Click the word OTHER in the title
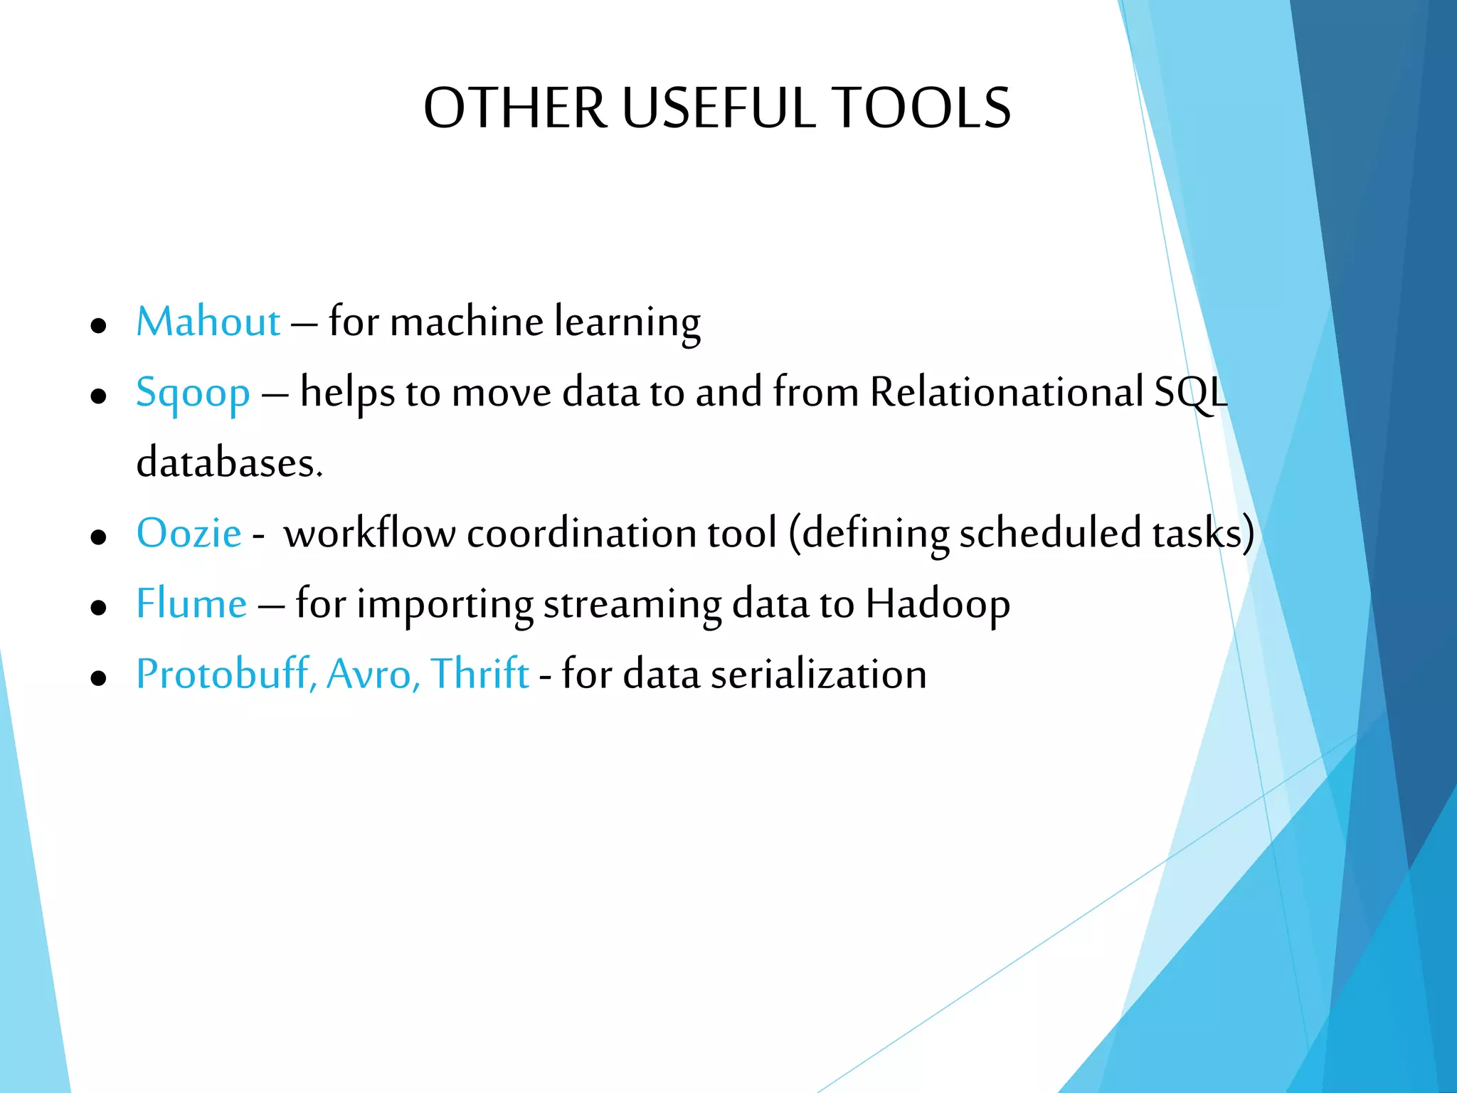(x=516, y=108)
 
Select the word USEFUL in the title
(x=719, y=108)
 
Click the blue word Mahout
(x=208, y=322)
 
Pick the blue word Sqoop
(x=193, y=394)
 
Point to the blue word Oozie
(x=189, y=533)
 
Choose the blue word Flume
(x=191, y=603)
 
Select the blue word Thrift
(x=480, y=674)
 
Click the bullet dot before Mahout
(x=99, y=326)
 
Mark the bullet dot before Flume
(x=99, y=608)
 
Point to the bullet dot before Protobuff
(x=99, y=678)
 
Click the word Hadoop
(x=937, y=605)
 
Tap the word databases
(x=229, y=463)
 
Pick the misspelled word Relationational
(x=1007, y=392)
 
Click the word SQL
(x=1190, y=392)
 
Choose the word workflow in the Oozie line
(x=369, y=533)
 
